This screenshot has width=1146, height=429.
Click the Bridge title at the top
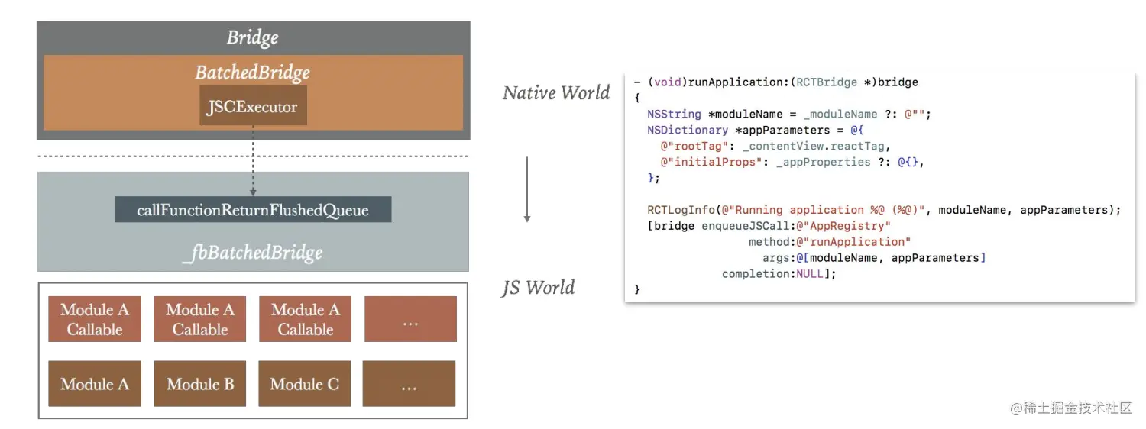[252, 37]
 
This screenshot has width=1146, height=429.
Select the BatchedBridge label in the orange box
[252, 73]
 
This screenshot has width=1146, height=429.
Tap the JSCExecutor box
[252, 107]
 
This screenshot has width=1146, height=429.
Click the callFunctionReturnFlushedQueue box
[252, 210]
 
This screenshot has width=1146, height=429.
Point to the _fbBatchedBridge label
[252, 253]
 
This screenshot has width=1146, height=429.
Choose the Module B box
[200, 384]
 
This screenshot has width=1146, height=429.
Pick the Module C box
[304, 384]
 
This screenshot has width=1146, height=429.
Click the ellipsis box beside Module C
[409, 384]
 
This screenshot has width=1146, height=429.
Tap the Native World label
[556, 93]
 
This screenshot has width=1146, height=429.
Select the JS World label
[538, 288]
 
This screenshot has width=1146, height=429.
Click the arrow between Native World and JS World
[526, 191]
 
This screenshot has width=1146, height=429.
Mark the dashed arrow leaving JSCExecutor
[253, 160]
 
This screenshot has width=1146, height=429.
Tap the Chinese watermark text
[1071, 408]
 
